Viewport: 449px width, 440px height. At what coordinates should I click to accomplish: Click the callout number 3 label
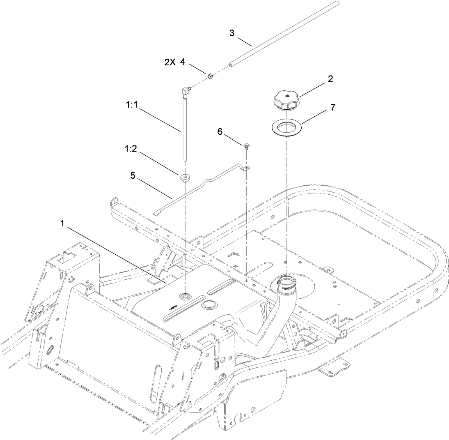(232, 33)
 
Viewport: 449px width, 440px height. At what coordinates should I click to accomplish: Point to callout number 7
(332, 107)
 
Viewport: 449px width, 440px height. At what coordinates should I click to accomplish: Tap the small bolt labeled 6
(246, 146)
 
